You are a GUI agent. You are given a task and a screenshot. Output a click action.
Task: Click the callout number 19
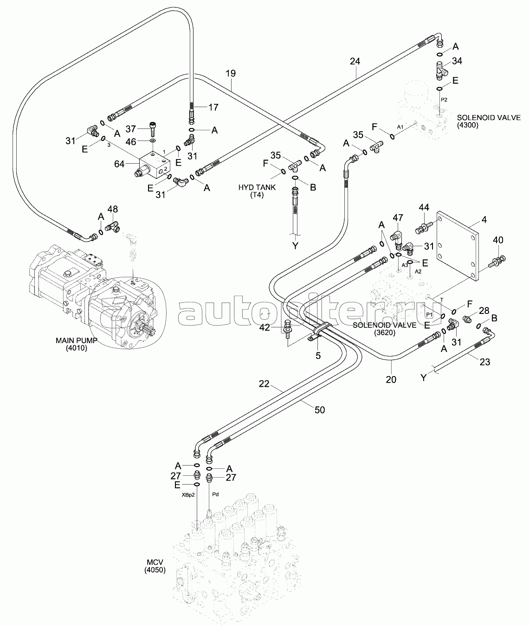pyautogui.click(x=231, y=73)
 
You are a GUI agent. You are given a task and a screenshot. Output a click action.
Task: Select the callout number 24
pyautogui.click(x=355, y=61)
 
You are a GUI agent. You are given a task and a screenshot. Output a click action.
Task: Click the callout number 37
pyautogui.click(x=131, y=128)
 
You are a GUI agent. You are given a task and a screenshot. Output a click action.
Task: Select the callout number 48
pyautogui.click(x=113, y=210)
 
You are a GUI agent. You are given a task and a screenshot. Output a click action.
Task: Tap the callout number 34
pyautogui.click(x=457, y=61)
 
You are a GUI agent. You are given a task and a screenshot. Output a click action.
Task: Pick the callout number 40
pyautogui.click(x=497, y=240)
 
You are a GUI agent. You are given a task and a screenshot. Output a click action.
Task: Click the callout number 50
pyautogui.click(x=319, y=409)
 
